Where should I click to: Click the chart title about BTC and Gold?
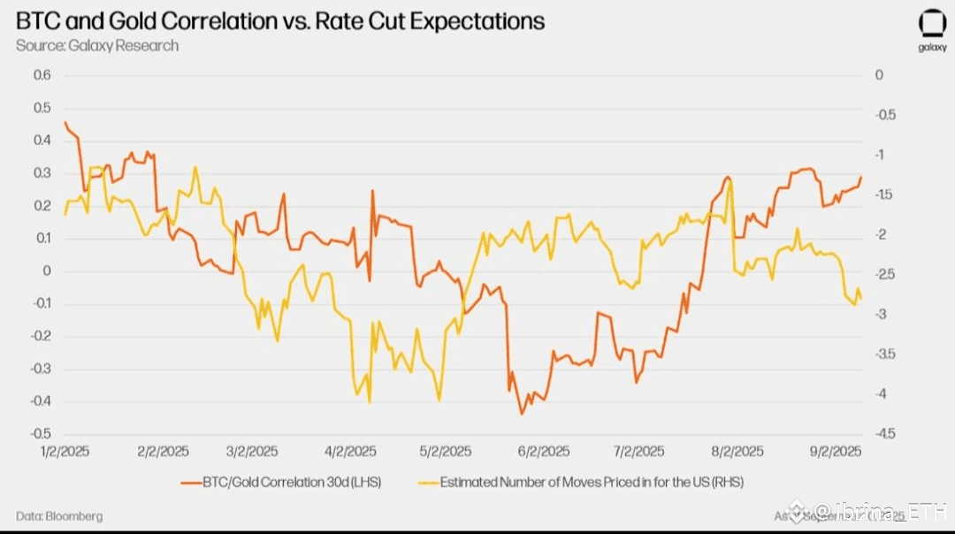point(279,21)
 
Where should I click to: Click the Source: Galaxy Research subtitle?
point(97,45)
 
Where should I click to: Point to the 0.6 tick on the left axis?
point(42,75)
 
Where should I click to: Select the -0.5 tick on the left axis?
point(41,433)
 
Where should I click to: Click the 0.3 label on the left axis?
point(42,173)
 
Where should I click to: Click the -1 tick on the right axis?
point(880,155)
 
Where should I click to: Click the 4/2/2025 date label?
point(351,451)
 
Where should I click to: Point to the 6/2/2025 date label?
point(543,451)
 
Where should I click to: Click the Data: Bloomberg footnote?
point(58,515)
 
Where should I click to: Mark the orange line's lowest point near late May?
point(522,414)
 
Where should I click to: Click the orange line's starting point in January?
point(65,122)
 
